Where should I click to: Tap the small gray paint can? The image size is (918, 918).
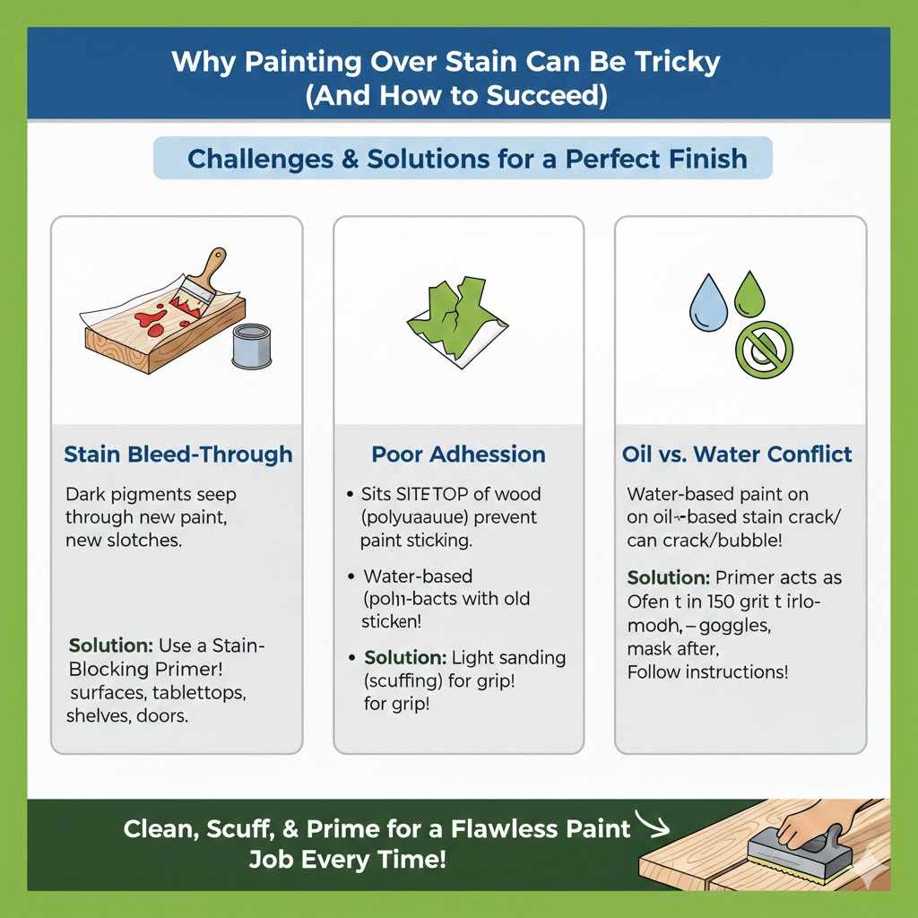(x=251, y=346)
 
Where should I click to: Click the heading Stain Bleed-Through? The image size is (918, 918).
(x=178, y=455)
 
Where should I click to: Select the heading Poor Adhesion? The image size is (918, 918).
(x=458, y=455)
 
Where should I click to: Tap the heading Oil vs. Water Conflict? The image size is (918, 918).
(x=737, y=455)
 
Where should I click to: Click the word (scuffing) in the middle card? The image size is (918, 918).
(x=403, y=680)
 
